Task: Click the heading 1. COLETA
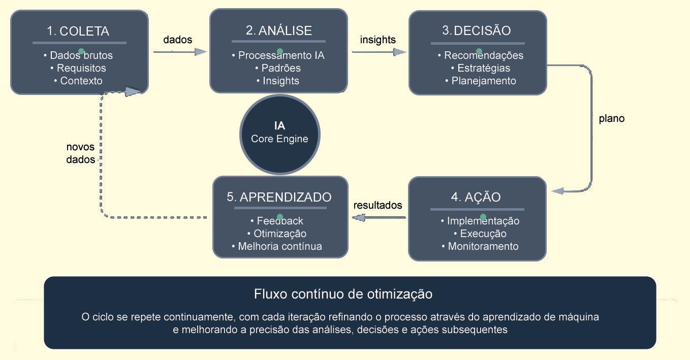pos(78,31)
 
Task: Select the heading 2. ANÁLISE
pos(279,30)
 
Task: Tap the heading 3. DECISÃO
pos(477,30)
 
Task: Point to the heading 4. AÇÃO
pos(476,197)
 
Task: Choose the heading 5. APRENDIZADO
pos(279,197)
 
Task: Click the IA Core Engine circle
pos(279,133)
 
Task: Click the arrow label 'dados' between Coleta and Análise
pos(177,40)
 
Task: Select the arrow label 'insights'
pos(378,40)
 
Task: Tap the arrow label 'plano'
pos(611,118)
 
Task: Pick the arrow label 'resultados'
pos(378,205)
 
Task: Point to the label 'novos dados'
pos(81,153)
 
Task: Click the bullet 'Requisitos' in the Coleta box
pos(79,68)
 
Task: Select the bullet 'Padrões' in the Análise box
pos(278,68)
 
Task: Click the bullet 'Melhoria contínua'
pos(277,246)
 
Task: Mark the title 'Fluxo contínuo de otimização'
pos(343,294)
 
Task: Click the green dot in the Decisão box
pos(479,51)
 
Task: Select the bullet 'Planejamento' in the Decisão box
pos(481,81)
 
